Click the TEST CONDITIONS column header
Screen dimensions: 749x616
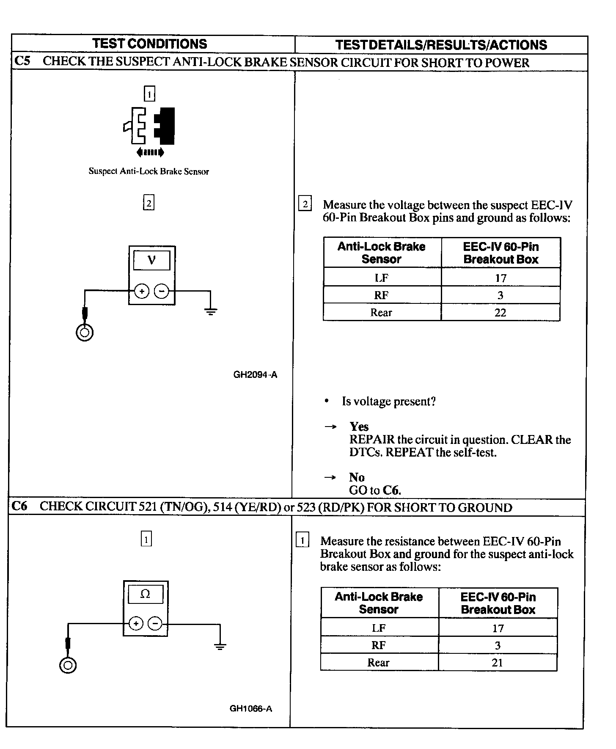tap(150, 44)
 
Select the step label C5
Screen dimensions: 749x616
tap(22, 61)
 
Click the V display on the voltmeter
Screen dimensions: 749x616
tap(151, 260)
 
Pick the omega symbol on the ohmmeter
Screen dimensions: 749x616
tap(145, 595)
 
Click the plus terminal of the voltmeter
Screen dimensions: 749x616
tap(142, 291)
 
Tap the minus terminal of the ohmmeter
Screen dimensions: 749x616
tap(155, 623)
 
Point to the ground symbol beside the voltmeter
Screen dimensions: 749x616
tap(210, 312)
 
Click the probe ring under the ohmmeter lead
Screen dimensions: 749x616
tap(68, 666)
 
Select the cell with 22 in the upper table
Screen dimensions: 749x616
tap(500, 313)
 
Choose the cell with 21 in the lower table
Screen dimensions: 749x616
tap(498, 663)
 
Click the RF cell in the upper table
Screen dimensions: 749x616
tap(381, 295)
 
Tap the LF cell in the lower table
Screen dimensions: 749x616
tap(379, 628)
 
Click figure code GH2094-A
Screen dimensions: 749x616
tap(255, 374)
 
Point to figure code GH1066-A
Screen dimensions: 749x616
tap(251, 708)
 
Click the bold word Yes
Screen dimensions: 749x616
tap(359, 427)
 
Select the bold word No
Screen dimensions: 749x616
tap(357, 477)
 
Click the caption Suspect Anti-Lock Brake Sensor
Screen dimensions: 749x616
tap(148, 171)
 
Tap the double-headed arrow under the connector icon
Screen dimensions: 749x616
tap(150, 152)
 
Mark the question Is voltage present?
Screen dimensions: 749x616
tap(388, 402)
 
